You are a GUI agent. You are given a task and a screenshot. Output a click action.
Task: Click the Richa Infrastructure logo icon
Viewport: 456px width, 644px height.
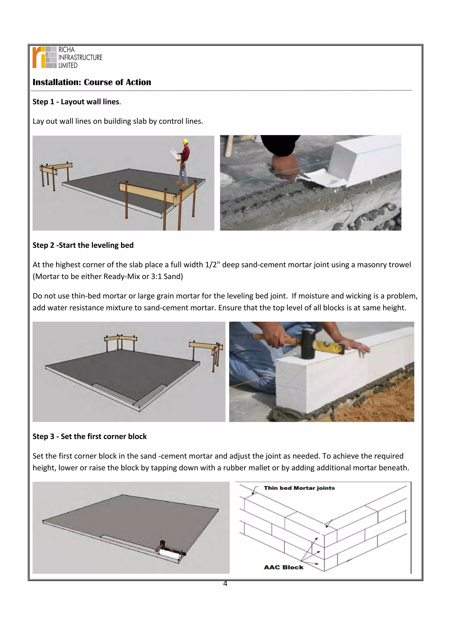(44, 57)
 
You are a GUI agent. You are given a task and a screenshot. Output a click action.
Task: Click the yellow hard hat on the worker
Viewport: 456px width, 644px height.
(185, 142)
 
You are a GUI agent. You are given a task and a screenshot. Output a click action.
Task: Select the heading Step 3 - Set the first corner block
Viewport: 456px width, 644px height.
(90, 437)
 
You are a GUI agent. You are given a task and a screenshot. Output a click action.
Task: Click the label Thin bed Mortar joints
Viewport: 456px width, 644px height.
(299, 488)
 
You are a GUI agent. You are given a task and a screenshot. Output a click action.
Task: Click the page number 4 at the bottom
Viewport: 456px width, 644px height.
(225, 584)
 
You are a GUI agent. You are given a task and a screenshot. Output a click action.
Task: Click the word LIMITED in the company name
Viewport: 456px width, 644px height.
(68, 65)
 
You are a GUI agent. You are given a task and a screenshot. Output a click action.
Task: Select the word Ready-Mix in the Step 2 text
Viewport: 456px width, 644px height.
(122, 277)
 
